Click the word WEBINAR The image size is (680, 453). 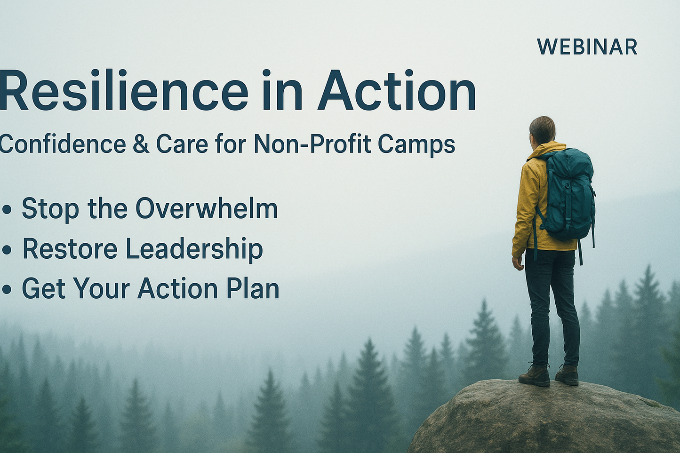[x=587, y=47]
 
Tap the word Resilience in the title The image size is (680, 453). [x=124, y=90]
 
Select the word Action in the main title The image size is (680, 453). [x=396, y=90]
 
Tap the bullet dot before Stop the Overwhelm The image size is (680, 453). [x=7, y=210]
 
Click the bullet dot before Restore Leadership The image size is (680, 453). [x=7, y=250]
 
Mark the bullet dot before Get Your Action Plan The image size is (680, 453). [x=7, y=289]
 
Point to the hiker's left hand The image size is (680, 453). [x=518, y=262]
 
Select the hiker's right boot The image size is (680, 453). [x=567, y=375]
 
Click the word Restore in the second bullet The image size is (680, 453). [x=70, y=249]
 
